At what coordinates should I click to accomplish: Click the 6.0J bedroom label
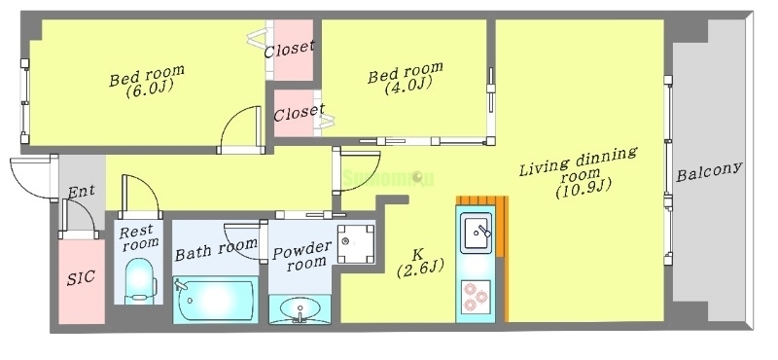[x=147, y=82]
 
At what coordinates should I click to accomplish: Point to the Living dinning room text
[x=578, y=173]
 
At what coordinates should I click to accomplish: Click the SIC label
[x=80, y=277]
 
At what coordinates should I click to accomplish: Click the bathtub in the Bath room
[x=215, y=299]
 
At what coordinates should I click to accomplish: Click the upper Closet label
[x=289, y=47]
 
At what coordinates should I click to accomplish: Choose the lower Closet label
[x=299, y=112]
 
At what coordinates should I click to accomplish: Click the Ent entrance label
[x=81, y=191]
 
